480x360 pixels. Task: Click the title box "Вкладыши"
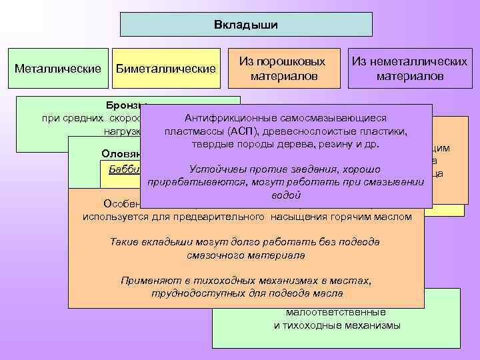(x=246, y=25)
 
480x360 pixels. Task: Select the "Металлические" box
(x=58, y=68)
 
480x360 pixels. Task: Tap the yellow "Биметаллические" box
(x=166, y=69)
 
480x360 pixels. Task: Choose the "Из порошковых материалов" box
(x=283, y=69)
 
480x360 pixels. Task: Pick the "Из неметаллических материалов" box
(x=409, y=69)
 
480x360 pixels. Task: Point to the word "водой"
(x=286, y=196)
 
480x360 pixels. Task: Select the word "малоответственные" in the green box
(x=336, y=311)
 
